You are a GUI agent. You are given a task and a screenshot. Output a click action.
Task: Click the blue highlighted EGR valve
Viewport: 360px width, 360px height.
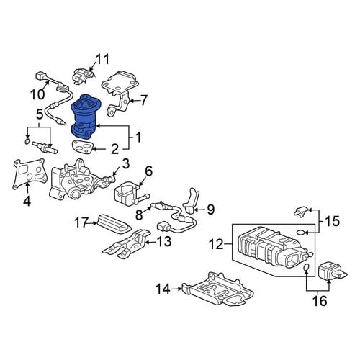(85, 117)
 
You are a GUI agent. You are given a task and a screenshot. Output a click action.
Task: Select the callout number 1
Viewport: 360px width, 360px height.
(138, 138)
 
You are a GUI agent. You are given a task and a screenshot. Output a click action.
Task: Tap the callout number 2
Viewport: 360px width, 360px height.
(114, 149)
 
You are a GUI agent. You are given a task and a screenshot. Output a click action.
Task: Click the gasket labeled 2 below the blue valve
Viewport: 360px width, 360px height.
(82, 147)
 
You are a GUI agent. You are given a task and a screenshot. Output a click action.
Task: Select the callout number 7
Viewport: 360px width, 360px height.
(143, 100)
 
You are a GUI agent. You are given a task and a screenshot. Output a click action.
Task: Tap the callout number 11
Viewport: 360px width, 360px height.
(102, 59)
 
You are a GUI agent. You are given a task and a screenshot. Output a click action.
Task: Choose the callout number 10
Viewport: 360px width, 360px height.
(37, 94)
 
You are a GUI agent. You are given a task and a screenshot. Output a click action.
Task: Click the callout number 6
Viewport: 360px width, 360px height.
(148, 171)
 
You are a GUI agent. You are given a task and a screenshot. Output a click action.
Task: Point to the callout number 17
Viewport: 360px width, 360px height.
(81, 222)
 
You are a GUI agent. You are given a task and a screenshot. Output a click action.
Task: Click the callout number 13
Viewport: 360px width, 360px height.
(164, 241)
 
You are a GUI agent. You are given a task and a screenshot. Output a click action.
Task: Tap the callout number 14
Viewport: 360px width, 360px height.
(163, 289)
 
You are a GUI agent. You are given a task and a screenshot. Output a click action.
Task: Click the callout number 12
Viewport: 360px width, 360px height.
(217, 244)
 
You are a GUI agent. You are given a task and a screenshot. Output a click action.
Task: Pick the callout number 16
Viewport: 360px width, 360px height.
(320, 300)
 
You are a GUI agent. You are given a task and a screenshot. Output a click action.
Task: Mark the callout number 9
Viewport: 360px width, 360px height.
(210, 210)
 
